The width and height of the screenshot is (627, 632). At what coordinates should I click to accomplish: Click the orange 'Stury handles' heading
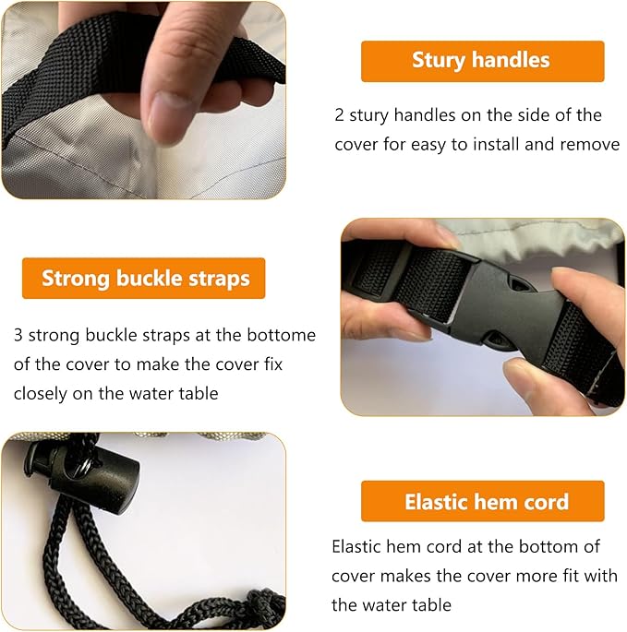pos(483,61)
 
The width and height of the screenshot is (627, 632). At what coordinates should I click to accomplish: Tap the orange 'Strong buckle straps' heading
pos(144,279)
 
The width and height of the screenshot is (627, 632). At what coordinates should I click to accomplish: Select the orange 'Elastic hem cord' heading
pos(483,501)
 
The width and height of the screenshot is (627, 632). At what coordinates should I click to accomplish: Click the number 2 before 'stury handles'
pos(339,115)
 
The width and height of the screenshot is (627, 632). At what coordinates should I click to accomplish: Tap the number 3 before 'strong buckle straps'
pos(18,335)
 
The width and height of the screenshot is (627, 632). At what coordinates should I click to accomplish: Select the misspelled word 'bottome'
pos(282,335)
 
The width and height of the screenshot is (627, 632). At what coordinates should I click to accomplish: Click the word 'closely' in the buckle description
pos(41,394)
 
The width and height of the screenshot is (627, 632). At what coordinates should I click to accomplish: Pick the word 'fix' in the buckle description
pos(273,364)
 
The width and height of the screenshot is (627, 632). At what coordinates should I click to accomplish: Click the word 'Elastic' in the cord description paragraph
pos(356,547)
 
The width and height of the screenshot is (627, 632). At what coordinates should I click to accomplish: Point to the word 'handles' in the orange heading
pos(511,60)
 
